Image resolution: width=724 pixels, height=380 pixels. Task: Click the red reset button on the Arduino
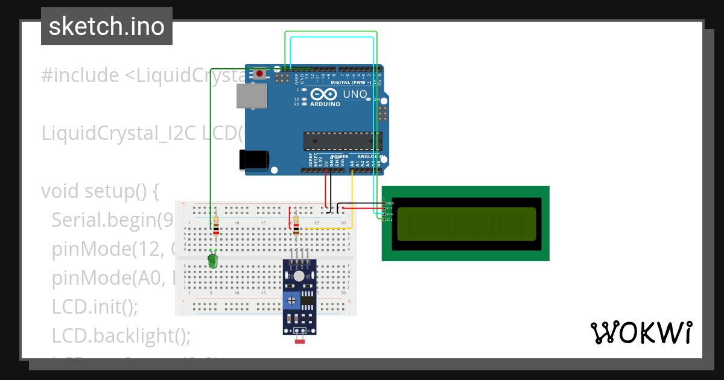click(x=259, y=74)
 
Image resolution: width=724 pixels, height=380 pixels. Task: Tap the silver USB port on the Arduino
click(x=251, y=96)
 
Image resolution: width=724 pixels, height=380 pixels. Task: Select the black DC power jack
click(x=254, y=159)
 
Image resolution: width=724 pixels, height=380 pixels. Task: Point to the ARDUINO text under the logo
click(x=325, y=104)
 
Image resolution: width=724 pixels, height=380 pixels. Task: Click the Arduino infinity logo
click(x=325, y=94)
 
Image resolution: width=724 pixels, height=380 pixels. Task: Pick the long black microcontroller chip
click(x=342, y=141)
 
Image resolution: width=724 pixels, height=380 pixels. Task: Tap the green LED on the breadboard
click(x=212, y=261)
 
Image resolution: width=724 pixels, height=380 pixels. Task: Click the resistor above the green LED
click(x=216, y=226)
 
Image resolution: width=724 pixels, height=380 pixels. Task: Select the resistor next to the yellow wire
click(x=296, y=226)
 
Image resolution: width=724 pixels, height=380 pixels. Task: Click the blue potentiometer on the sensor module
click(x=293, y=300)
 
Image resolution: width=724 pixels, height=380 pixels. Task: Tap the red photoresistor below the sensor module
click(x=300, y=342)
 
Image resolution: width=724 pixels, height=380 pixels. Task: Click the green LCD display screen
click(x=465, y=223)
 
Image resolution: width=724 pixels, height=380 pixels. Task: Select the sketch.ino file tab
click(x=107, y=27)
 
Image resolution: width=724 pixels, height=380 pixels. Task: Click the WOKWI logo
click(x=641, y=333)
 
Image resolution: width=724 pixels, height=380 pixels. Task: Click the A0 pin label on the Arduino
click(x=352, y=162)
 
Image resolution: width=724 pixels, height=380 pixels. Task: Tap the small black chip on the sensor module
click(x=308, y=299)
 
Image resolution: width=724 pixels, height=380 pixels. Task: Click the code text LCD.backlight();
click(x=121, y=336)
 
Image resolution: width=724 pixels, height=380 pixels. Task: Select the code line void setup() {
click(x=100, y=191)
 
